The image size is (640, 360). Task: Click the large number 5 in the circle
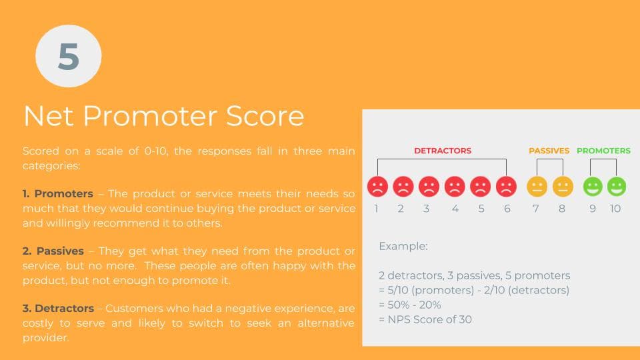point(69,56)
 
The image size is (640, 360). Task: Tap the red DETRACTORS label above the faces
point(443,151)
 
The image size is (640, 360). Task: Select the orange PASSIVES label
point(549,151)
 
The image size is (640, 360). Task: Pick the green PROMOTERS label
point(603,151)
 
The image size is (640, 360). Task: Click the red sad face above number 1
point(377,187)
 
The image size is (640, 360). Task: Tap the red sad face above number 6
point(506,187)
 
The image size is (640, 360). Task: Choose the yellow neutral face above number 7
point(537,187)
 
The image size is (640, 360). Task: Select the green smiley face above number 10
point(616,187)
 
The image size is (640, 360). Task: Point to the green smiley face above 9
point(593,187)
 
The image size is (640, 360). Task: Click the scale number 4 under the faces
point(455,209)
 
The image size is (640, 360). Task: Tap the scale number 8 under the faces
point(561,209)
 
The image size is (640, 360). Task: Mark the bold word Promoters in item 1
point(64,193)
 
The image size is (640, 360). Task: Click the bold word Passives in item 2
point(60,251)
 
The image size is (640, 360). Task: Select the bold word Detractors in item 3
point(65,308)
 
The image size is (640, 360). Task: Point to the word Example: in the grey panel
point(403,246)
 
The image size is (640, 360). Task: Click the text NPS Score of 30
point(430,319)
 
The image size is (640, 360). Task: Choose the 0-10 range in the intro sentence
point(155,151)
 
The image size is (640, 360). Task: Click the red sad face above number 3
point(429,187)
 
